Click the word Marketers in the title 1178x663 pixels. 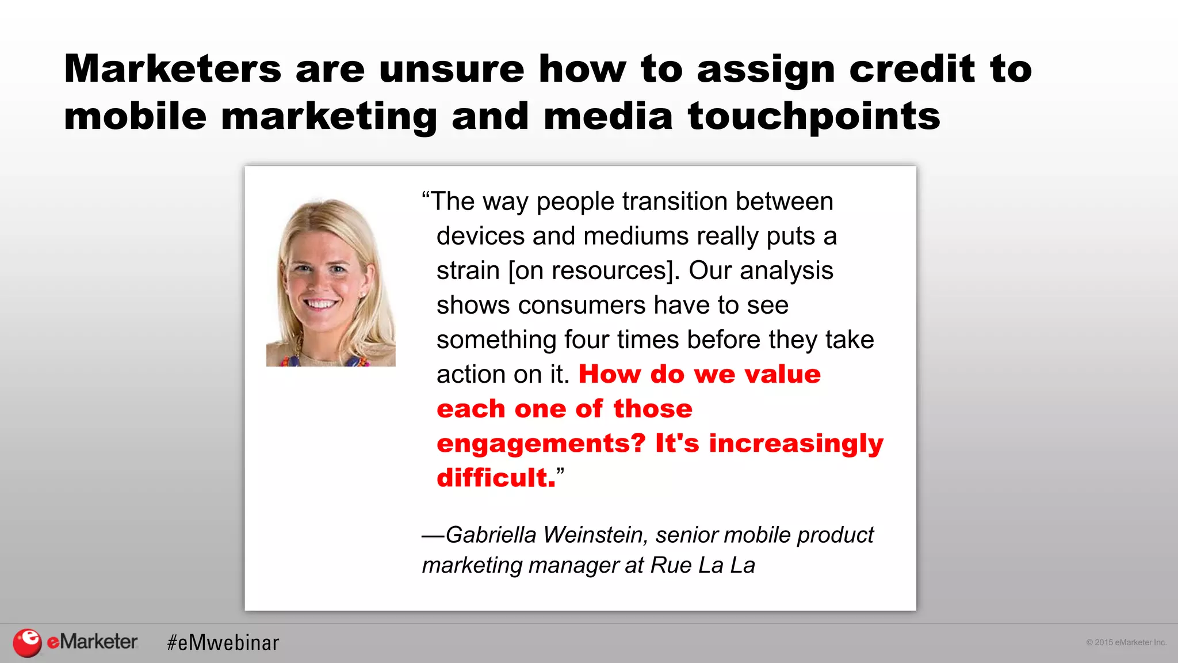(173, 69)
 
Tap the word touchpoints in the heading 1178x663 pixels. (814, 117)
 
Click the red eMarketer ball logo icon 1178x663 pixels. (27, 642)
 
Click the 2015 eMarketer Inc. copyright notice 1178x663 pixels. (1126, 642)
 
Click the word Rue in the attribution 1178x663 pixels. (671, 566)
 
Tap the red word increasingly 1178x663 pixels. (796, 444)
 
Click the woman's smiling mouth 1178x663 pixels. (320, 303)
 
